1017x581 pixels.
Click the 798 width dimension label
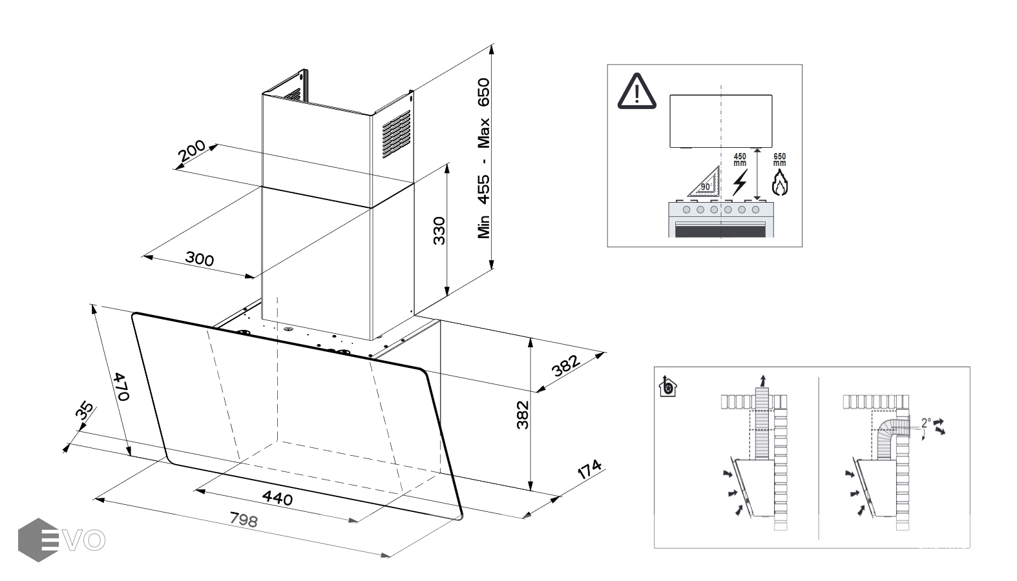click(244, 519)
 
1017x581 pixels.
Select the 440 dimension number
click(277, 498)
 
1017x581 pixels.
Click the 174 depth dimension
click(589, 469)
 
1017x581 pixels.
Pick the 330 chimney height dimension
click(439, 230)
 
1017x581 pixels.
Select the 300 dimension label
click(199, 259)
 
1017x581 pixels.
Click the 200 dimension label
click(192, 152)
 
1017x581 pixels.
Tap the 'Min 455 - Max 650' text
click(484, 158)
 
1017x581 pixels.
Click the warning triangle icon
click(637, 92)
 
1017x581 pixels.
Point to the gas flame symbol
click(780, 183)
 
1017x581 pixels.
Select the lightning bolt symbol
click(739, 182)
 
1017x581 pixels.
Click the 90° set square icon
click(704, 182)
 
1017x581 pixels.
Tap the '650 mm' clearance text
click(780, 159)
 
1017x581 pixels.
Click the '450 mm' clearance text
click(740, 159)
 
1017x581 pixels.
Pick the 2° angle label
click(926, 423)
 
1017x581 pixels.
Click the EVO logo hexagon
click(38, 540)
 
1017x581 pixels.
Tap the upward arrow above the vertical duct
click(763, 378)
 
